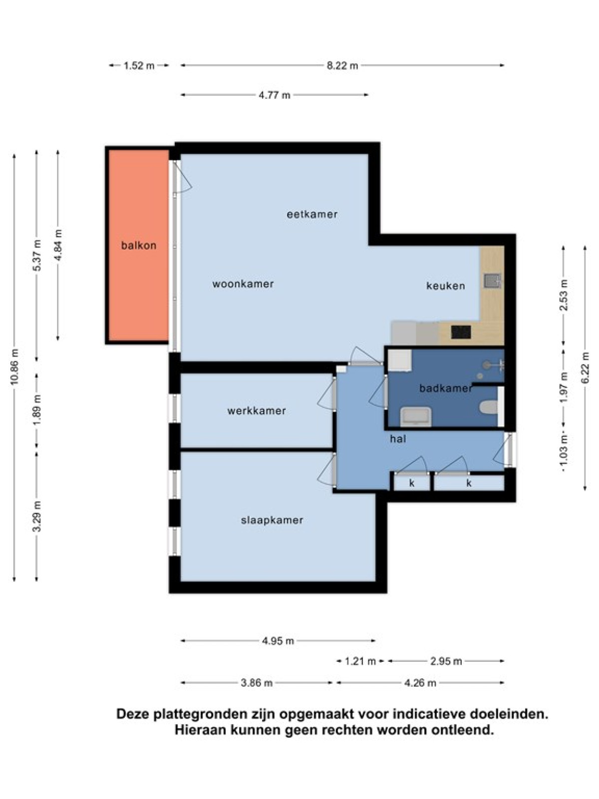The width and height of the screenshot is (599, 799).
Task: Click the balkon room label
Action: pyautogui.click(x=139, y=245)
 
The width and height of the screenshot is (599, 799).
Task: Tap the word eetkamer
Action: pyautogui.click(x=312, y=214)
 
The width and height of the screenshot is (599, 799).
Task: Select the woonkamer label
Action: pyautogui.click(x=243, y=284)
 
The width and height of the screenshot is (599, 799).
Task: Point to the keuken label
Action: pyautogui.click(x=446, y=286)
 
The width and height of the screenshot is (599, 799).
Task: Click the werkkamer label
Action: pyautogui.click(x=257, y=411)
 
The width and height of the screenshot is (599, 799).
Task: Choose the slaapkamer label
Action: pyautogui.click(x=272, y=520)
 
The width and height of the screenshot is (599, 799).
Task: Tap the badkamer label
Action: pyautogui.click(x=446, y=388)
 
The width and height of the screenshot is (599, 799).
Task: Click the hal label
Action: pyautogui.click(x=398, y=439)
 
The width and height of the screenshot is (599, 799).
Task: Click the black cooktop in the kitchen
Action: pyautogui.click(x=461, y=332)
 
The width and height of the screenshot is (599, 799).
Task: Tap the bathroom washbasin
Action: pyautogui.click(x=416, y=416)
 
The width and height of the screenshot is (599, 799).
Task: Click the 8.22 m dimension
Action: pyautogui.click(x=342, y=65)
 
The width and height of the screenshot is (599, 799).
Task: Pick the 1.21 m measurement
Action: pyautogui.click(x=360, y=661)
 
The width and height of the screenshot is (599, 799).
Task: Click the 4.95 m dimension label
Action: pyautogui.click(x=278, y=641)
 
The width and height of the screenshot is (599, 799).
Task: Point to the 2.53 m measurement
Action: pyautogui.click(x=564, y=295)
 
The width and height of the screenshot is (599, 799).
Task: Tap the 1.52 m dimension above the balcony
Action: pyautogui.click(x=139, y=65)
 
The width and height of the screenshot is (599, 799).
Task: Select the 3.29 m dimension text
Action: pyautogui.click(x=37, y=516)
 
